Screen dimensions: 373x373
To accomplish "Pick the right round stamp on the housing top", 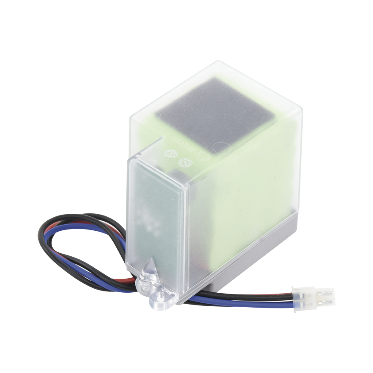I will (x=185, y=162).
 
